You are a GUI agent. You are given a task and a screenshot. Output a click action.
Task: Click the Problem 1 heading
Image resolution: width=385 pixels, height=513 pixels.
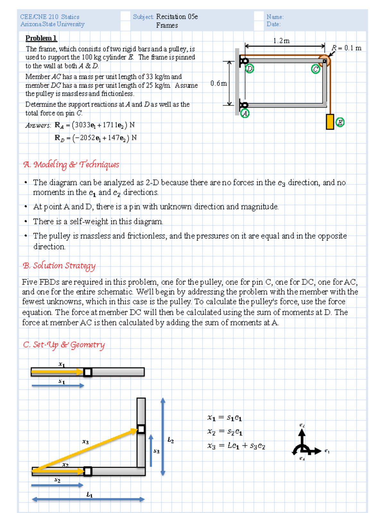point(41,38)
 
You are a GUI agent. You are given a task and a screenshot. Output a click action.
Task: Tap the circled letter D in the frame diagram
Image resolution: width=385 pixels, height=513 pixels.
point(250,69)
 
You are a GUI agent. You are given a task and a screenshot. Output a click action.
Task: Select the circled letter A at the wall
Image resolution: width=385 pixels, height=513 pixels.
point(245,113)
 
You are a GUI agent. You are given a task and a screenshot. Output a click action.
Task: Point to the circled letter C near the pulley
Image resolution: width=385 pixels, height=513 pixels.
point(316,69)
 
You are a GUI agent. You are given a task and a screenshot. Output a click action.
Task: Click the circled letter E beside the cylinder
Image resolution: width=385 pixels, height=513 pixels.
point(340,122)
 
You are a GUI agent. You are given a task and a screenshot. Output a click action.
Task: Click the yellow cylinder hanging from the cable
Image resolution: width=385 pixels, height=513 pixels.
point(330,122)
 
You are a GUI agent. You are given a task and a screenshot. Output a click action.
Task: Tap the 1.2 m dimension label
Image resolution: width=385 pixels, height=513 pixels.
point(281,41)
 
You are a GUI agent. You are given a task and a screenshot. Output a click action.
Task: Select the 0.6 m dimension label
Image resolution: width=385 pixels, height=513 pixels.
point(218,83)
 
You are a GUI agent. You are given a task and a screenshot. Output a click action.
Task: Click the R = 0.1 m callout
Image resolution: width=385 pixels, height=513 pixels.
point(346,48)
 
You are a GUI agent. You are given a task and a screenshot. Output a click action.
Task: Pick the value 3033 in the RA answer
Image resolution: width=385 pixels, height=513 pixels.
point(82,125)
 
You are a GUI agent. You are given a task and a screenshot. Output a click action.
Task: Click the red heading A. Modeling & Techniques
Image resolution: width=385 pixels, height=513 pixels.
point(71,164)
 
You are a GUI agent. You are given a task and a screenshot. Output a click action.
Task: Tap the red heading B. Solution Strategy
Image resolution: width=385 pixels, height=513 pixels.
point(59,265)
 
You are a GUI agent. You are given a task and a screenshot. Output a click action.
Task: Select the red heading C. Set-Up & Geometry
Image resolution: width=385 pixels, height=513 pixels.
point(64,345)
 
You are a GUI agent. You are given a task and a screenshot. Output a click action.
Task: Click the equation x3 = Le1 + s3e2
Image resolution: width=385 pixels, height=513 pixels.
point(236,446)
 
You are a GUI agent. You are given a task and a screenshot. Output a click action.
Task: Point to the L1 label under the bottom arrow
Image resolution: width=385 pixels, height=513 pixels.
point(90,495)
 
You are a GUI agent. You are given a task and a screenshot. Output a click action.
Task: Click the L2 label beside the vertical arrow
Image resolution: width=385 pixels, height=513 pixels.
point(171,440)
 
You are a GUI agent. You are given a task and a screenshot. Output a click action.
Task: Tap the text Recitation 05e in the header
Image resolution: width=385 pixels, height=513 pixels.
point(177,17)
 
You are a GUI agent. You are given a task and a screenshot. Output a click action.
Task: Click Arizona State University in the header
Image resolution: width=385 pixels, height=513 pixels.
point(52,24)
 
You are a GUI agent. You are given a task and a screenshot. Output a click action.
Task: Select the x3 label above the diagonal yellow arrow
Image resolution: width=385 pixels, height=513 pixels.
point(85,442)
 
